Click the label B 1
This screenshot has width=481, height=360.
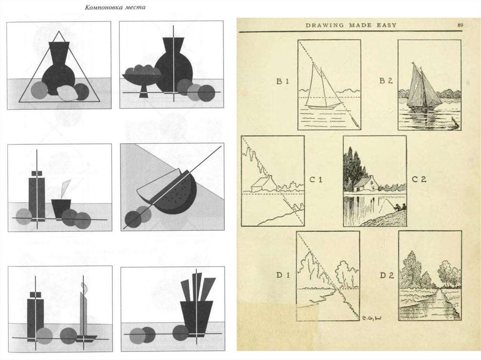click(x=283, y=81)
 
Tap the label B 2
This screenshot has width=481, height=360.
click(x=386, y=81)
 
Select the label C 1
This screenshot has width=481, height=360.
click(x=316, y=179)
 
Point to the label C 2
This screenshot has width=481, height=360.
click(x=419, y=179)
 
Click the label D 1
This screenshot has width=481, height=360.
click(x=283, y=275)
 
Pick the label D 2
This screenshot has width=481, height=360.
click(x=387, y=275)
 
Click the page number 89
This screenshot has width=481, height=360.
click(x=460, y=25)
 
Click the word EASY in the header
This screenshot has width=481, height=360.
click(x=386, y=25)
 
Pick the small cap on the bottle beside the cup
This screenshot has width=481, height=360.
click(x=37, y=173)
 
